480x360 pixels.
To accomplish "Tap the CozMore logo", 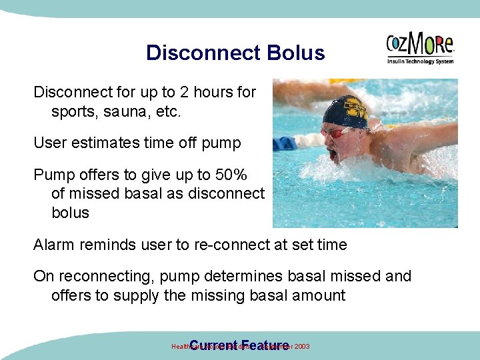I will point(420,45).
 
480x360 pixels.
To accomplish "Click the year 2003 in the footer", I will point(299,347).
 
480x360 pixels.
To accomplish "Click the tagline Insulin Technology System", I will point(420,61).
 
